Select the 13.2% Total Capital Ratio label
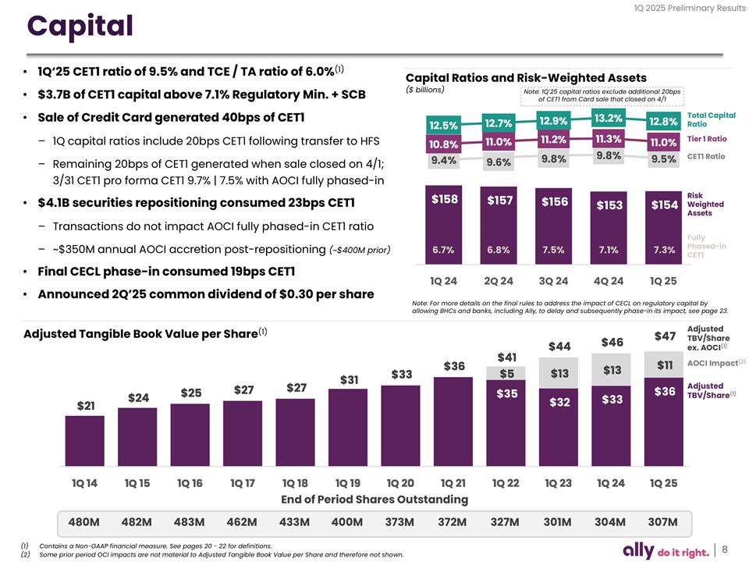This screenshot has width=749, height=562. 608,119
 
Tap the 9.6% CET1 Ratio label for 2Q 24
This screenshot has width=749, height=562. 498,162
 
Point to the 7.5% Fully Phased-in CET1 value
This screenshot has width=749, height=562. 553,250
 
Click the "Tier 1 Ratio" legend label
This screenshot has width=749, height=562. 706,139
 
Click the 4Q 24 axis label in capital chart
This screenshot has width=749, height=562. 608,279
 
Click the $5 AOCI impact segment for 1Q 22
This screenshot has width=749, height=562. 507,374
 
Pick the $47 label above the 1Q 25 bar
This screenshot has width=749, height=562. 664,336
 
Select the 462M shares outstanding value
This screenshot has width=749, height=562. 242,521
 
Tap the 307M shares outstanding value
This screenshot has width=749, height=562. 662,521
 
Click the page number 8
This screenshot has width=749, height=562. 725,549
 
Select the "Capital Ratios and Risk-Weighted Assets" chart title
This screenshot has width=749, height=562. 526,77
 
